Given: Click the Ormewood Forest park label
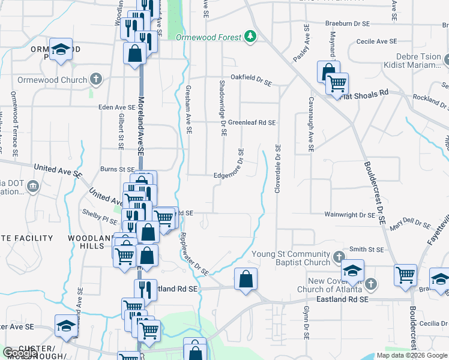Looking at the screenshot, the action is pos(209,37).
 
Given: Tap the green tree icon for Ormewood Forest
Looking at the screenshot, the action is pos(251,37).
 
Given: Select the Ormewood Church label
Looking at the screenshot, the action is pos(58,80).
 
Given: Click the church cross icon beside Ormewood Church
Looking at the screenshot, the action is pos(95,79).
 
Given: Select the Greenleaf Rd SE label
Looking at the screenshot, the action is pos(252,122).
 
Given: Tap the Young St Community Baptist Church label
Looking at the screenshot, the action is pos(291,257).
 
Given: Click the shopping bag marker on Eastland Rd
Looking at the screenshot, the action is pos(246,279).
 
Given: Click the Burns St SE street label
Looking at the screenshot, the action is pos(117,170).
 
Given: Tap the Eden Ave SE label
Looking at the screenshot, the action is pos(117,107).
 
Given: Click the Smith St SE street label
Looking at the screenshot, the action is pos(366,249).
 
